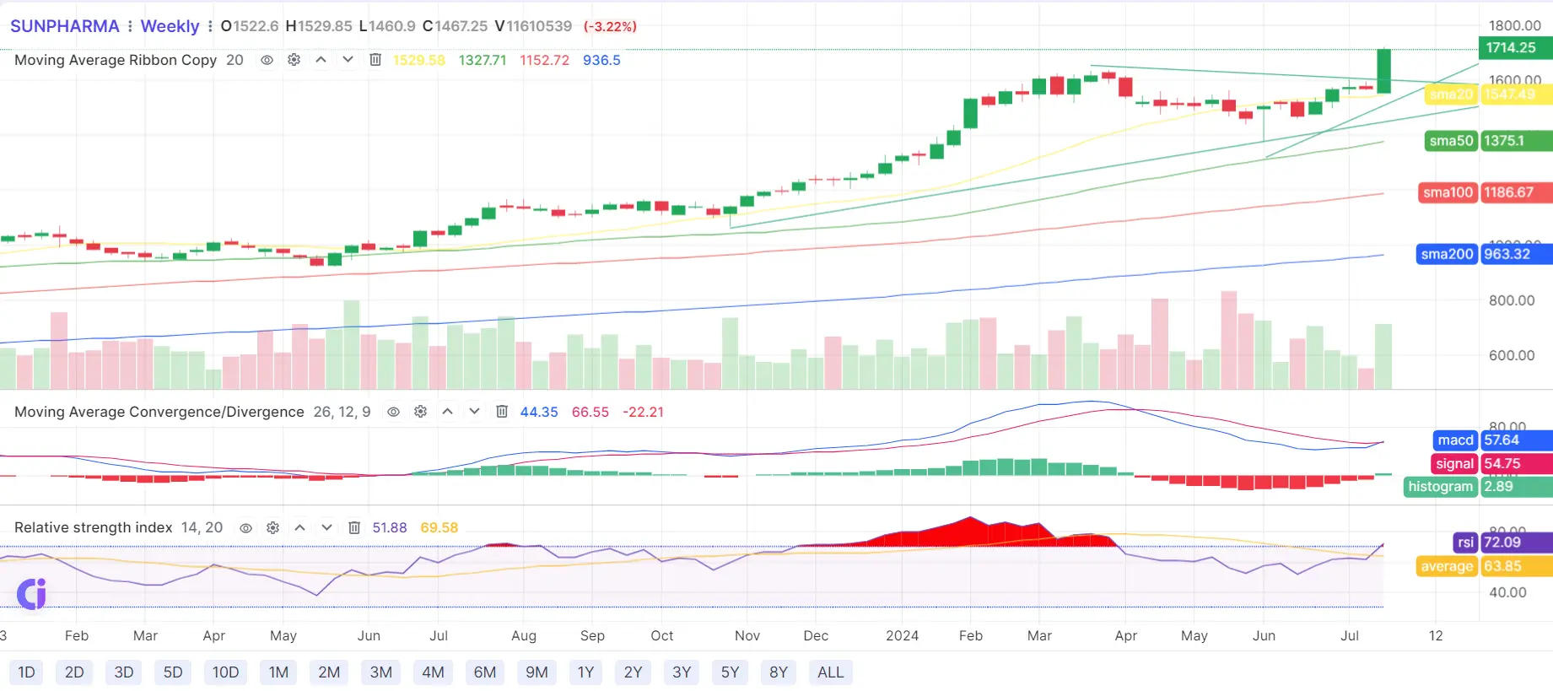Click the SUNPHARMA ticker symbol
65,26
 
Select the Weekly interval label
170,26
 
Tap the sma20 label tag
1451,94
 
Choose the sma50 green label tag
1451,141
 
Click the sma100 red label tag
1448,192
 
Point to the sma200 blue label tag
1447,254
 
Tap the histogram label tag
1440,487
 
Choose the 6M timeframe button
485,672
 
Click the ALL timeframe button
830,672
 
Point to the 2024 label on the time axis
902,635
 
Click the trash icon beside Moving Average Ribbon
375,60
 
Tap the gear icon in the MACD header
420,412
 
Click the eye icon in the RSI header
245,527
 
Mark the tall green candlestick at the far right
1383,71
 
